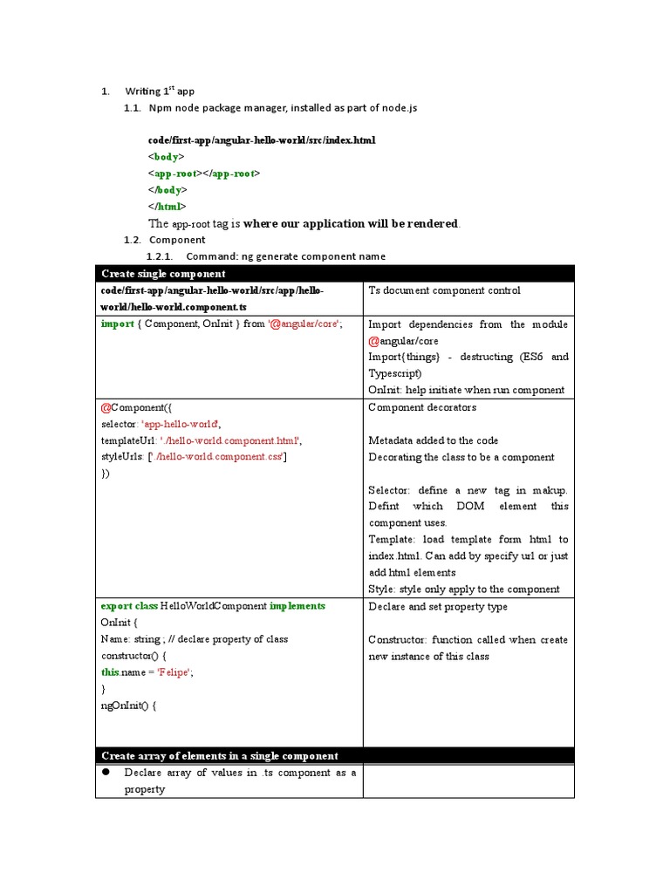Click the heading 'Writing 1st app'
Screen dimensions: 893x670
click(x=160, y=91)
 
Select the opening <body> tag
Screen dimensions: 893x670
click(x=166, y=157)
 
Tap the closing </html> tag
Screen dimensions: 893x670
click(x=167, y=207)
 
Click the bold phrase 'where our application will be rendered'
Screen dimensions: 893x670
click(x=350, y=223)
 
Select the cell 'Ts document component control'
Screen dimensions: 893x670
click(x=444, y=290)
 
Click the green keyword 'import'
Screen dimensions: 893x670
click(x=117, y=324)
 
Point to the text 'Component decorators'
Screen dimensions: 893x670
click(x=422, y=407)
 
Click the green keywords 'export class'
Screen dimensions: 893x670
click(x=129, y=606)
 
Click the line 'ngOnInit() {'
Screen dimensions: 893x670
click(x=129, y=706)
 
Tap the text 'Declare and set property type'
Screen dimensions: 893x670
click(x=437, y=606)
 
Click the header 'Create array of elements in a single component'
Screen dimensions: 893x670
click(x=220, y=756)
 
